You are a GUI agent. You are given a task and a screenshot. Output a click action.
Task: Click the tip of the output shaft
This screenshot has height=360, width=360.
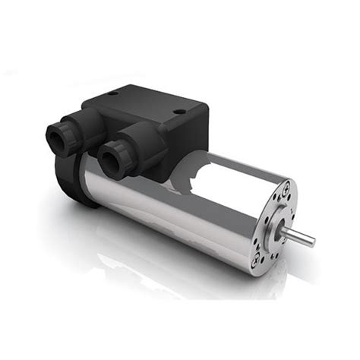(311, 243)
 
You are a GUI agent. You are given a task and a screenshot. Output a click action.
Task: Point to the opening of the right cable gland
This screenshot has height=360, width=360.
(109, 157)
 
